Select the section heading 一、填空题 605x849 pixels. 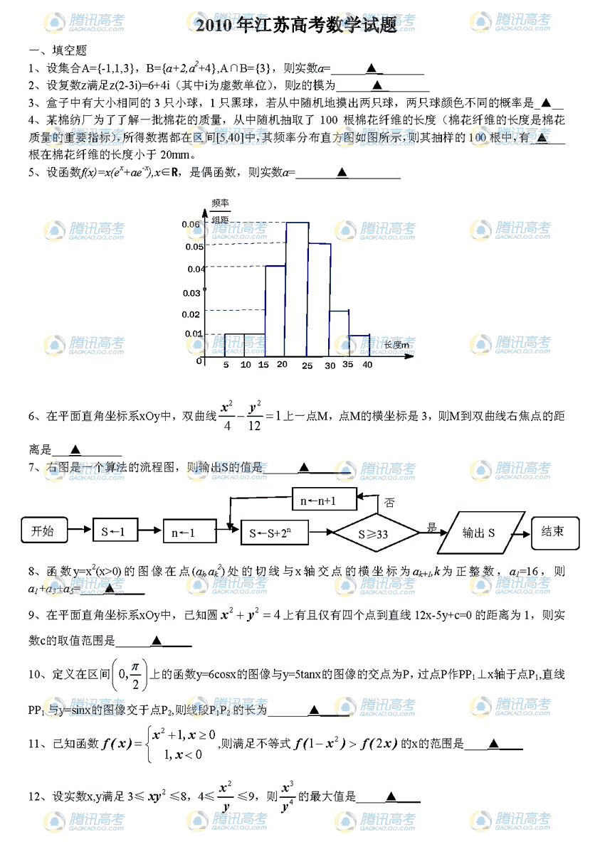point(58,51)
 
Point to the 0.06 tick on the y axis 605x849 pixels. point(193,225)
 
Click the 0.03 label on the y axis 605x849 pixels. point(191,293)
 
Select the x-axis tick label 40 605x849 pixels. point(367,365)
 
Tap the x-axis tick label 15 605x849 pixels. point(263,365)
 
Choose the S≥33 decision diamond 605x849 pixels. point(377,533)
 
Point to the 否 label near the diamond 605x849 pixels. point(389,503)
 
